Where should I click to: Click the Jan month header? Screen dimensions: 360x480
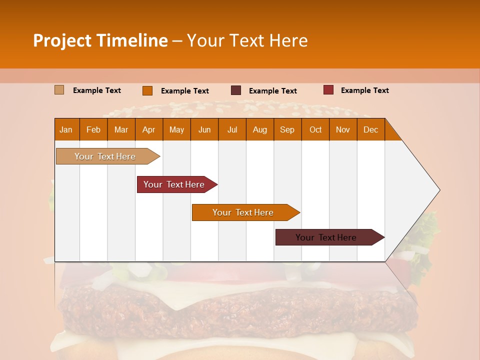(66, 129)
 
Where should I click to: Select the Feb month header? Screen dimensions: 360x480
(93, 129)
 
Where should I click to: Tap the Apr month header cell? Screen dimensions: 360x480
(149, 129)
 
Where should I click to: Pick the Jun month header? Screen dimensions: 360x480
(204, 129)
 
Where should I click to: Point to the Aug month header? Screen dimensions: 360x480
(260, 129)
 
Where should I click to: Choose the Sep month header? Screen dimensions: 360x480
(287, 129)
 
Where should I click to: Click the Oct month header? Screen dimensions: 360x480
(315, 129)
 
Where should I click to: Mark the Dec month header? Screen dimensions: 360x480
(371, 129)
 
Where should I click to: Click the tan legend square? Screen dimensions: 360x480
(59, 90)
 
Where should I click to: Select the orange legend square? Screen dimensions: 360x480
(147, 90)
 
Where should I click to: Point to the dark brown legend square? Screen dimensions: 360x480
(236, 90)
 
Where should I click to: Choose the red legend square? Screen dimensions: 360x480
(328, 90)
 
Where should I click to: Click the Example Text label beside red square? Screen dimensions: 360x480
(364, 90)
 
